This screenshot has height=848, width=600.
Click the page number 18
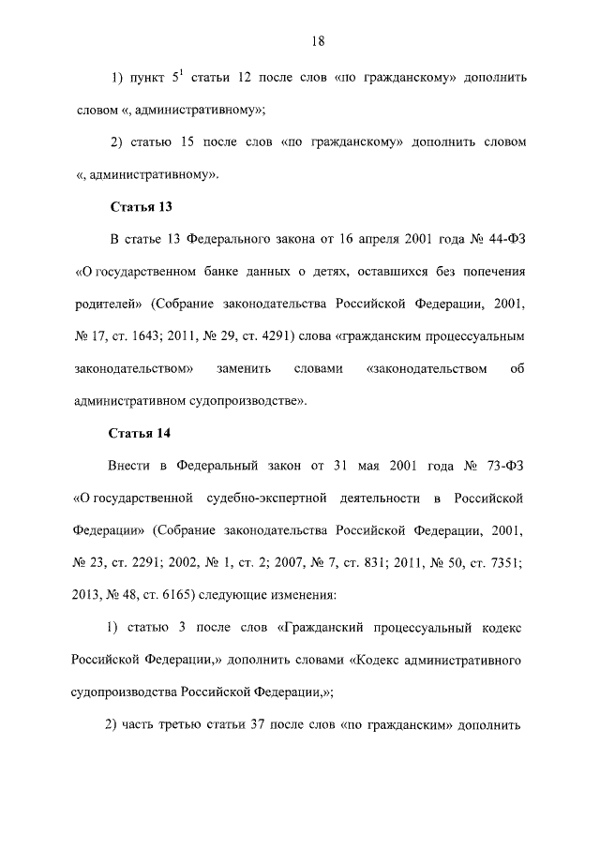coord(318,40)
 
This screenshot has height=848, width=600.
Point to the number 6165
coord(170,594)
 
